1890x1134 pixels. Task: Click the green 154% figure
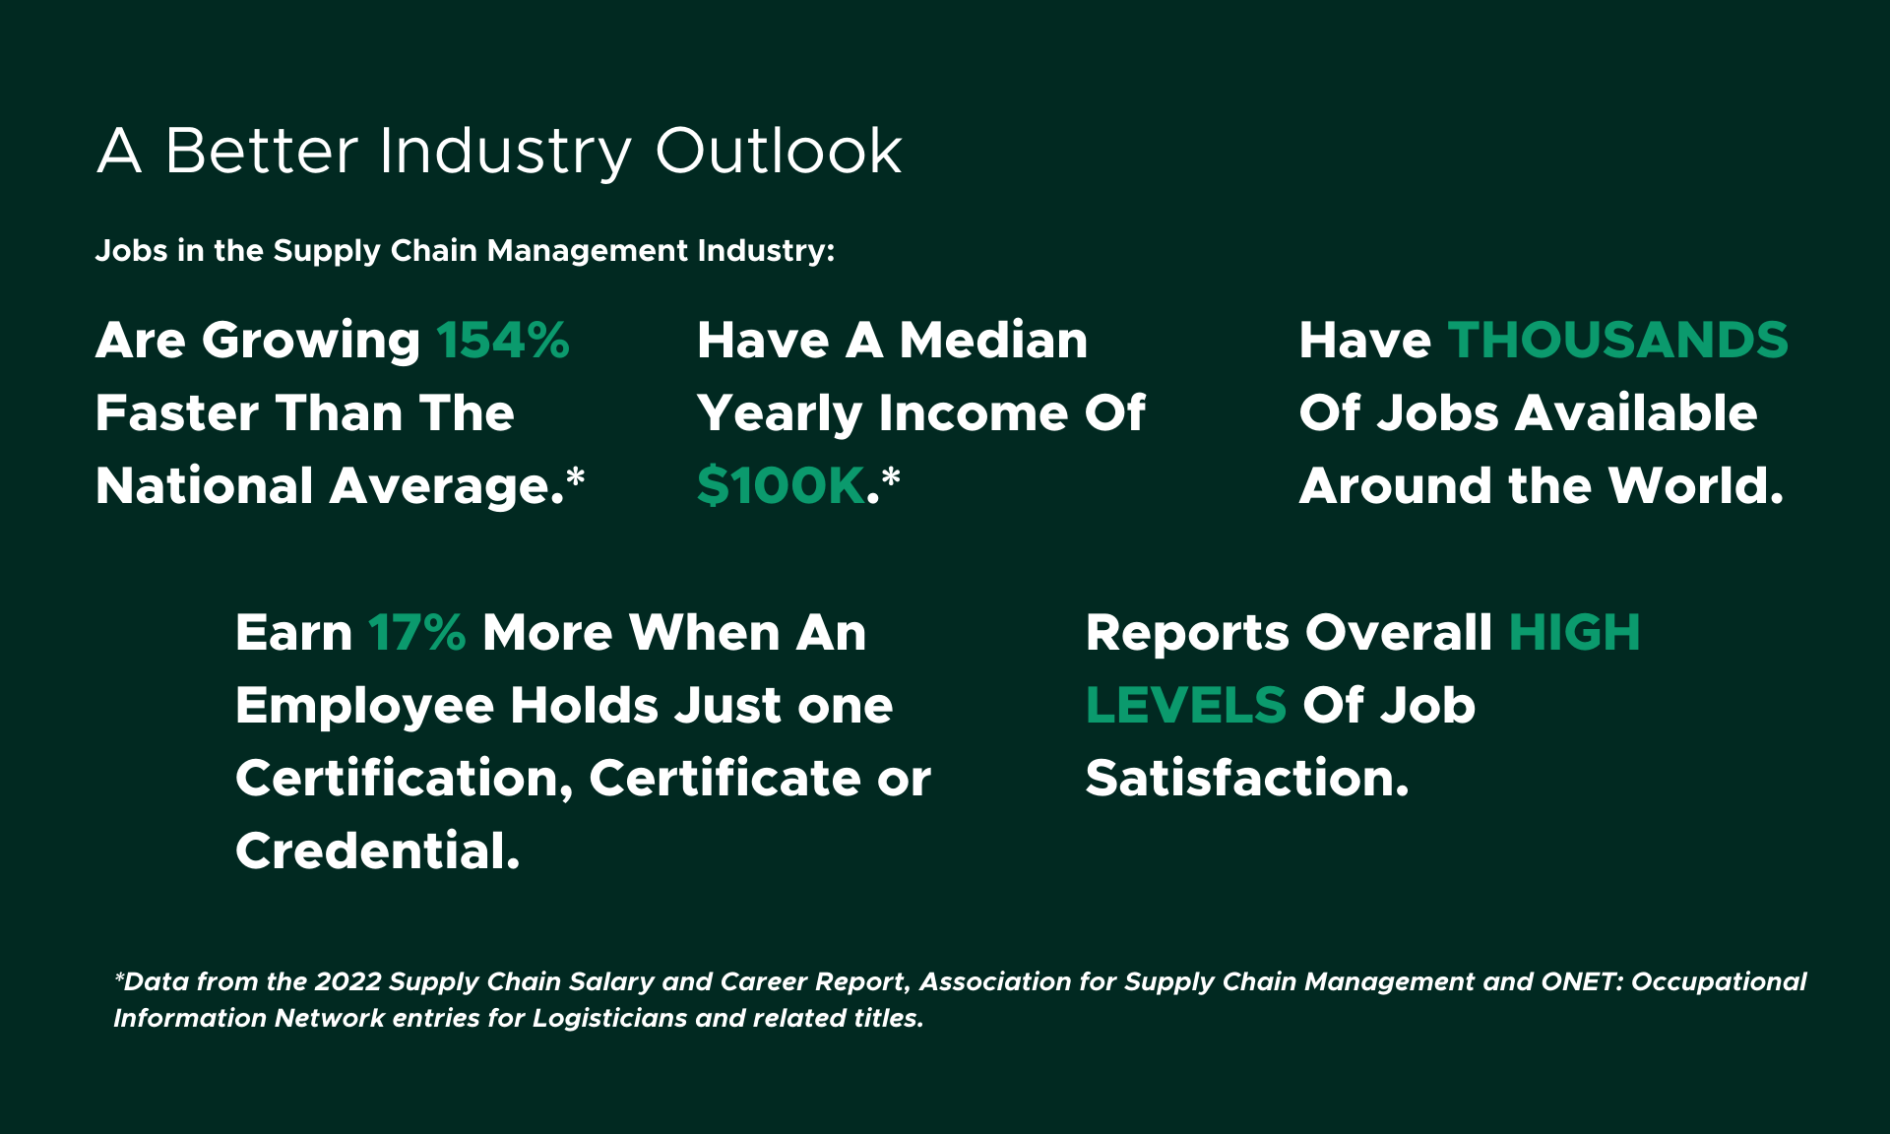[x=502, y=341]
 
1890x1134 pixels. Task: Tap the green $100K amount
[x=781, y=486]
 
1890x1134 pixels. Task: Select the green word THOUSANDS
[x=1617, y=341]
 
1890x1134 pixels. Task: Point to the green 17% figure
[x=416, y=633]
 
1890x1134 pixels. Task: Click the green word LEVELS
[x=1185, y=706]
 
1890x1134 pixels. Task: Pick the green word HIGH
[x=1573, y=633]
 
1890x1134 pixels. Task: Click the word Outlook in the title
[x=778, y=152]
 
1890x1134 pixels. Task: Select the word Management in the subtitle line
[x=588, y=251]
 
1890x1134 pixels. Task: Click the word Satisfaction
[x=1246, y=779]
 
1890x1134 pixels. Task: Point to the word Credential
[x=377, y=851]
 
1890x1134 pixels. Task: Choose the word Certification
[x=404, y=779]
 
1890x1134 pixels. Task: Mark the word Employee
[x=363, y=706]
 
